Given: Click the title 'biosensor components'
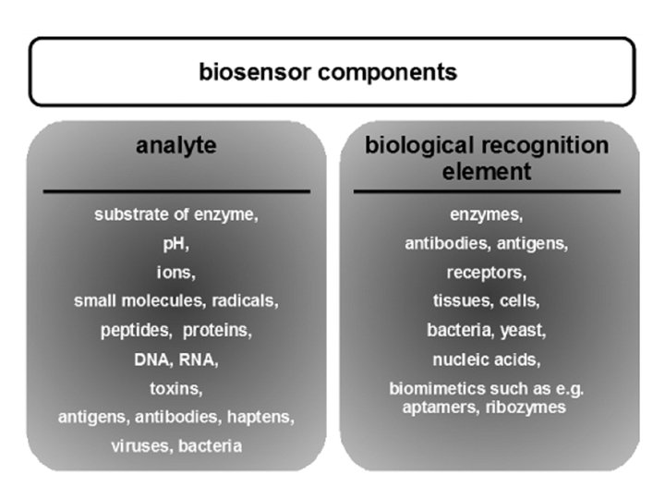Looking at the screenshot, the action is coord(328,72).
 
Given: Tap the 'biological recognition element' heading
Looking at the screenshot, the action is coord(486,158).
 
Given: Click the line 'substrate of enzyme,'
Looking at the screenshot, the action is coord(175,215).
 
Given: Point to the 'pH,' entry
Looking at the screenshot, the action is coord(175,244).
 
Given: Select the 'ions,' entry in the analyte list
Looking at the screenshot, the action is coord(175,273).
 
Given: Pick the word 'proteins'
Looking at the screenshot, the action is coord(217,330).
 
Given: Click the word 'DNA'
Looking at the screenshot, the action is coord(152,359).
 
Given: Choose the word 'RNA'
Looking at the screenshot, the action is coord(198,359).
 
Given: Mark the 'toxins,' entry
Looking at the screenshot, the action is coord(175,387).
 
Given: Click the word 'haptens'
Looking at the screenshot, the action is coord(261,417).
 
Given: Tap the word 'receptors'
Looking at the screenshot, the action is coord(486,273).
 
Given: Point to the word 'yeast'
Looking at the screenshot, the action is coord(524,330).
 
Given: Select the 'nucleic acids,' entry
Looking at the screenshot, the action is coord(486,359).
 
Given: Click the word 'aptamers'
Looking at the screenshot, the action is coord(439,408).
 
